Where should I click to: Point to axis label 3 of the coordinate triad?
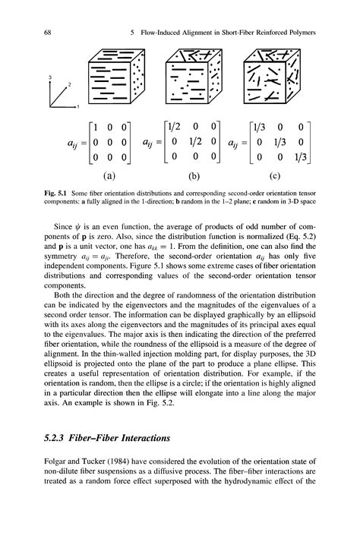[50, 77]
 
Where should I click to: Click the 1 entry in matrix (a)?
[93, 126]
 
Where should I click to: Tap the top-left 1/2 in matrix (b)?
[177, 126]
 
